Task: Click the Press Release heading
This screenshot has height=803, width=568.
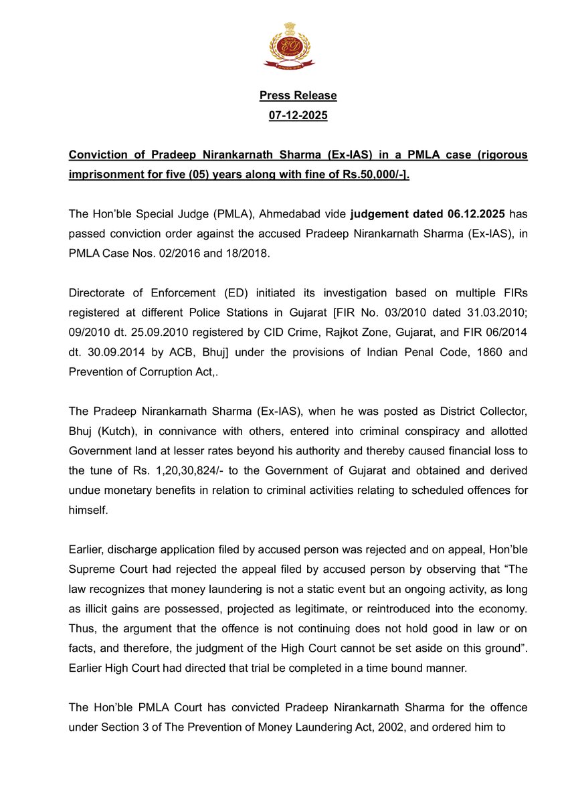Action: coord(298,96)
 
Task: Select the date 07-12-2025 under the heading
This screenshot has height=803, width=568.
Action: coord(298,116)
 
